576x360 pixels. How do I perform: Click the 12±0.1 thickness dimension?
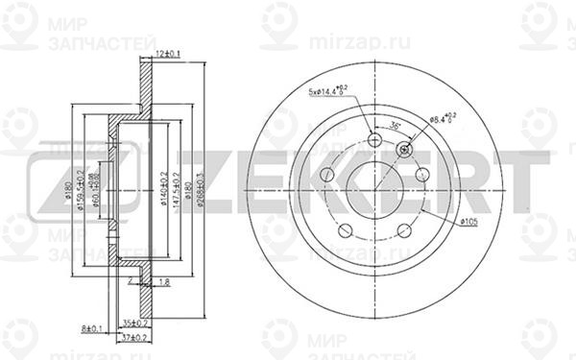click(169, 54)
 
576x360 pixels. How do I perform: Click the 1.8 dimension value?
click(164, 281)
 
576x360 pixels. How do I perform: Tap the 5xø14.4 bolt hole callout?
click(329, 91)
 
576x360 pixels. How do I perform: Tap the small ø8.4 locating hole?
click(403, 149)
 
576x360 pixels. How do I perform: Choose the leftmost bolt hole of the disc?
click(325, 174)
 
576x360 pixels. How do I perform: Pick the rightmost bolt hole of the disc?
click(420, 174)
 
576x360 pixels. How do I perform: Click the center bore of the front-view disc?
click(373, 180)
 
